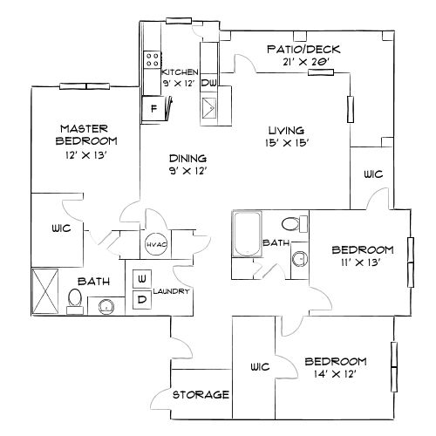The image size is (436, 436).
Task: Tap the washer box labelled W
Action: pyautogui.click(x=141, y=278)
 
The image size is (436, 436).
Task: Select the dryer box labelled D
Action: pyautogui.click(x=141, y=299)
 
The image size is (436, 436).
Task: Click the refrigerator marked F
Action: pyautogui.click(x=154, y=109)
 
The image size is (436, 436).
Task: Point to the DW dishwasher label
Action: pyautogui.click(x=209, y=83)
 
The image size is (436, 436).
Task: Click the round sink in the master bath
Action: pyautogui.click(x=106, y=305)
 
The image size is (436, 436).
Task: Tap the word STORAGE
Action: pyautogui.click(x=201, y=395)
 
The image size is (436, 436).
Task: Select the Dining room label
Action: pyautogui.click(x=187, y=158)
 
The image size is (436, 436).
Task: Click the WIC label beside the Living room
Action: pyautogui.click(x=373, y=174)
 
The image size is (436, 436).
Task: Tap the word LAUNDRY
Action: pyautogui.click(x=172, y=291)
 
